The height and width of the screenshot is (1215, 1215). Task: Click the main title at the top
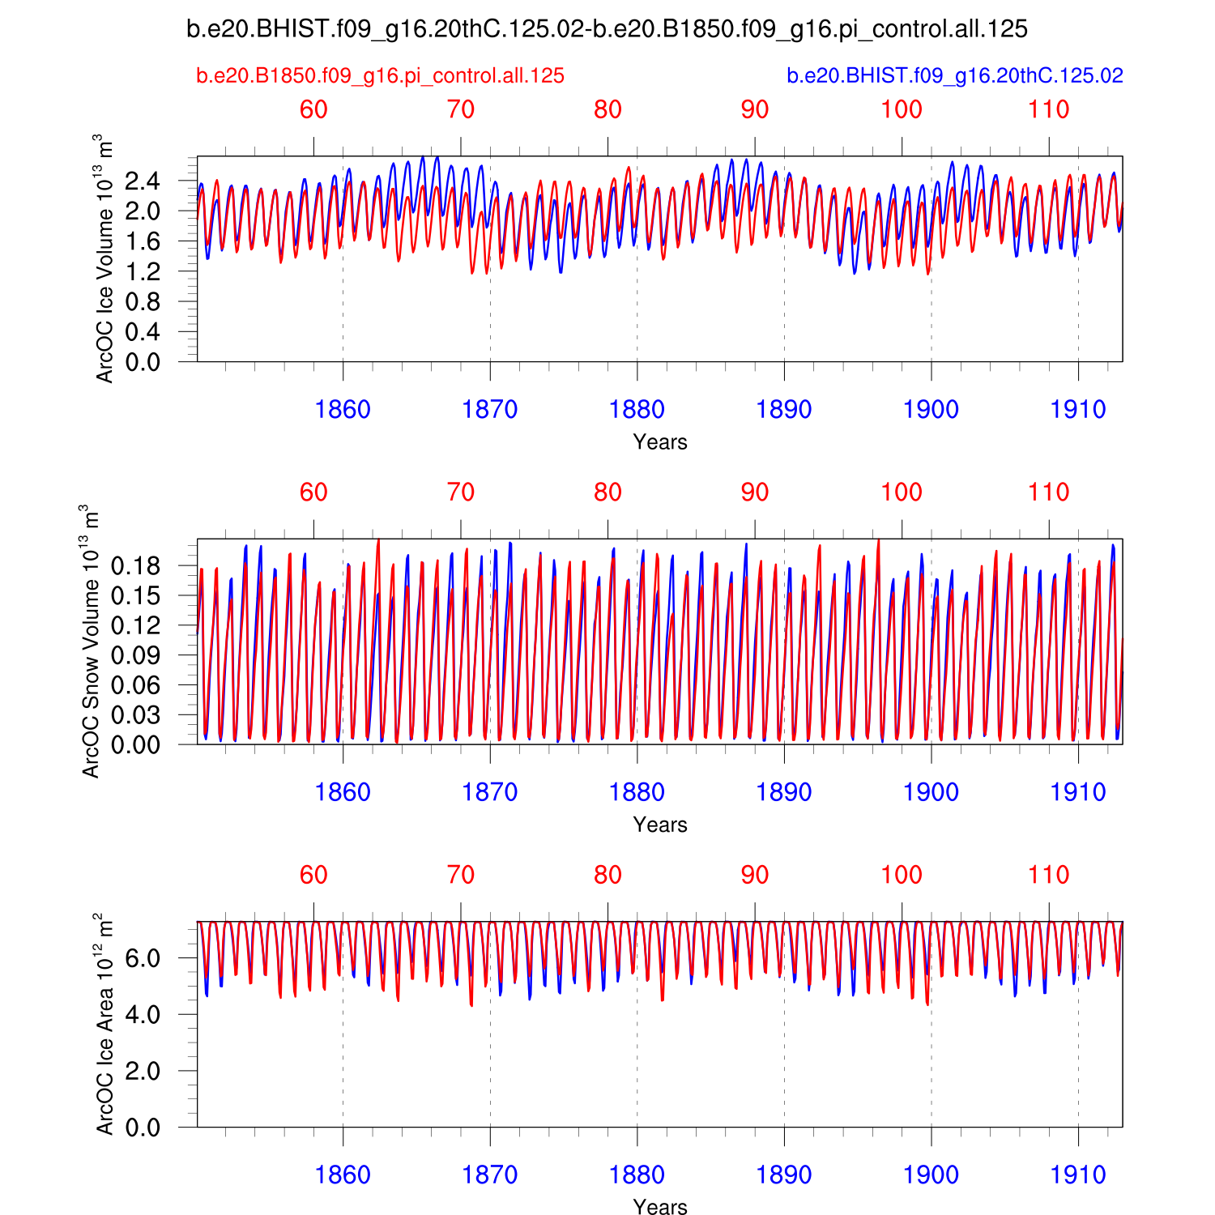coord(607,30)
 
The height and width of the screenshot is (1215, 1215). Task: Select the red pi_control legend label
coord(380,76)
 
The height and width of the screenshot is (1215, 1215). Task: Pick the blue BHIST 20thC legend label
coord(955,76)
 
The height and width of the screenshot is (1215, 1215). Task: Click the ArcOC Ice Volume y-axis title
coord(104,259)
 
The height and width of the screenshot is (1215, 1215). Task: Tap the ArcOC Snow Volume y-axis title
coord(90,642)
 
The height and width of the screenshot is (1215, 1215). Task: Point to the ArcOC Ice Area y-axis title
coord(104,1024)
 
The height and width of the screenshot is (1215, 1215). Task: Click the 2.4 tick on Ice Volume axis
coord(143,181)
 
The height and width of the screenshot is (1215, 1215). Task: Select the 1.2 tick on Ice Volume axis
coord(143,272)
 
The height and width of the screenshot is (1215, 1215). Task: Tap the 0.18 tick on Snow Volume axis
coord(135,566)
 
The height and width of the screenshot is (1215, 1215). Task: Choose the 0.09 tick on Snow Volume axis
coord(135,655)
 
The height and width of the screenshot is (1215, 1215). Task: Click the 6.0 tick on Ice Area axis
coord(143,958)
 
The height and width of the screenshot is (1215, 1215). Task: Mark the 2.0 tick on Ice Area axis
coord(143,1071)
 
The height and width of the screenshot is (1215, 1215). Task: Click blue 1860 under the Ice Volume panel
coord(343,410)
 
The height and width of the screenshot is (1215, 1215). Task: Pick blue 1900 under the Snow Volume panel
coord(931,792)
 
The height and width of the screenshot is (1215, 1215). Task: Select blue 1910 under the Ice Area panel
coord(1078,1175)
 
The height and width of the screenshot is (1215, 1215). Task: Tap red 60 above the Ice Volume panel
coord(313,110)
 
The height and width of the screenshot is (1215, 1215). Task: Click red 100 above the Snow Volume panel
coord(902,492)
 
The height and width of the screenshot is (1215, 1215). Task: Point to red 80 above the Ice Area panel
coord(607,876)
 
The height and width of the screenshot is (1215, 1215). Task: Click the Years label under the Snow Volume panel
coord(660,825)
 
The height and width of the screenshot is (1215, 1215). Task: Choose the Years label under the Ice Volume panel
coord(660,442)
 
